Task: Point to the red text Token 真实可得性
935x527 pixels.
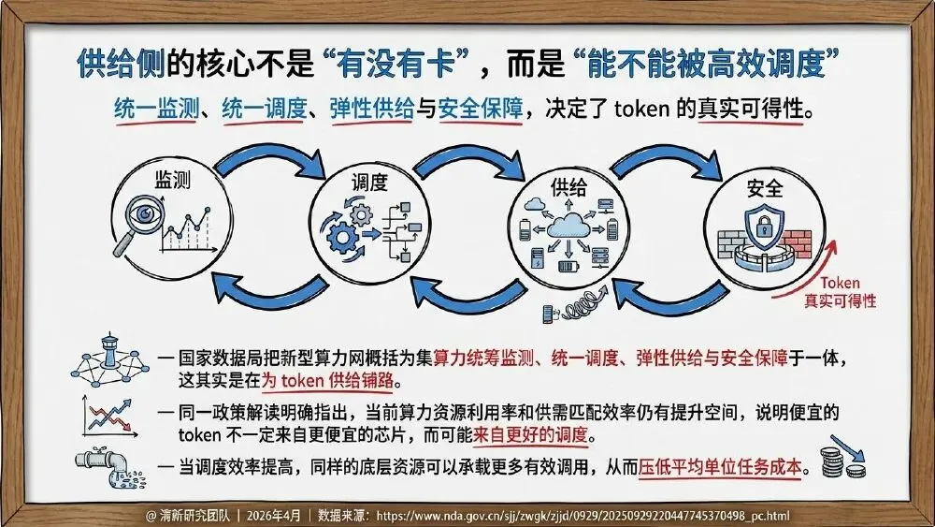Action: coord(840,292)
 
